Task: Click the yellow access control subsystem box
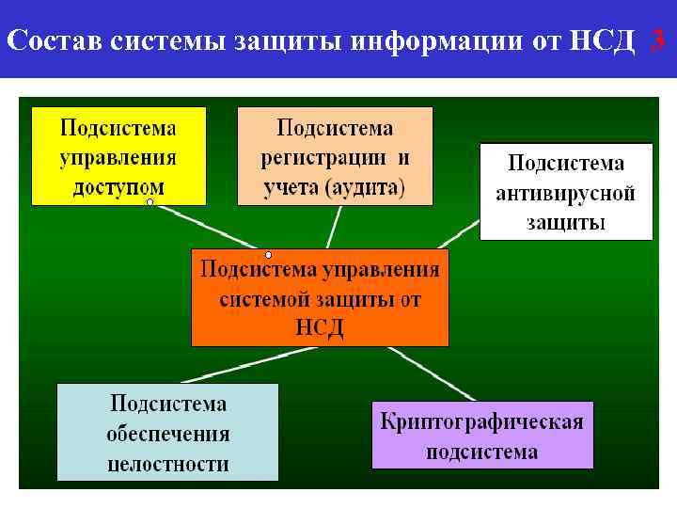coord(118,155)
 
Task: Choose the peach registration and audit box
coord(335,155)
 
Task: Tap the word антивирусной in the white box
coord(566,194)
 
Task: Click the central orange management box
coord(320,297)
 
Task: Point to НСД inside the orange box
coord(320,327)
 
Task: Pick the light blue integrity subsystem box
coord(168,433)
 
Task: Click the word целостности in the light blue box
coord(168,464)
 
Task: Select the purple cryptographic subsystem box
coord(482,436)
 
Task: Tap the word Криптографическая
coord(482,421)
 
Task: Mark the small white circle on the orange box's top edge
coord(268,255)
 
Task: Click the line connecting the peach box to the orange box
coord(334,227)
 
